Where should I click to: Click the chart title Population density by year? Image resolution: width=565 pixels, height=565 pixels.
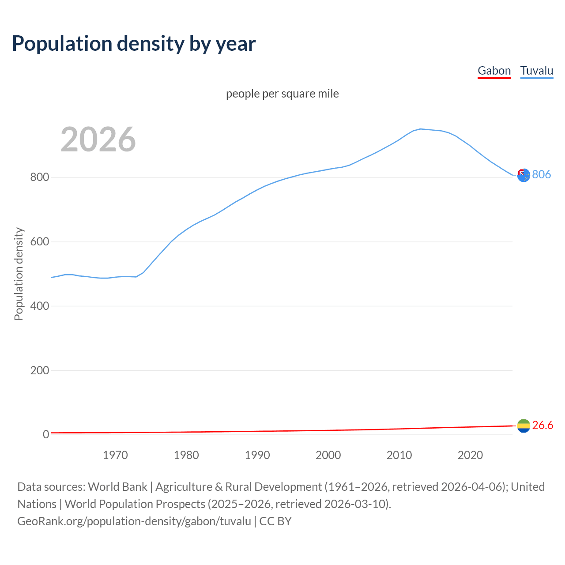(x=134, y=44)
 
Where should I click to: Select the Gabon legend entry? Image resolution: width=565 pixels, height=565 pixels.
(x=494, y=71)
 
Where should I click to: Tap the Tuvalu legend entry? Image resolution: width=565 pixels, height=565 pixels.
(x=536, y=71)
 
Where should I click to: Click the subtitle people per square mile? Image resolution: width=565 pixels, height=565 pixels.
(x=282, y=94)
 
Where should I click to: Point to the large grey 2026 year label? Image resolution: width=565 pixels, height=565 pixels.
(x=98, y=139)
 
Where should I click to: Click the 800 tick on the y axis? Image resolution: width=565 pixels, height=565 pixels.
(x=39, y=177)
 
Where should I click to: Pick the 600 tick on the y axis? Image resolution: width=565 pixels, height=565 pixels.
(x=39, y=242)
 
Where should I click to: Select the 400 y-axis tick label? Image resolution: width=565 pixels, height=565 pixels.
(x=39, y=306)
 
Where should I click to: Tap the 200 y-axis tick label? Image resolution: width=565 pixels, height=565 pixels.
(x=39, y=370)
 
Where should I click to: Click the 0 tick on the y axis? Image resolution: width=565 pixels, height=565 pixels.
(x=45, y=434)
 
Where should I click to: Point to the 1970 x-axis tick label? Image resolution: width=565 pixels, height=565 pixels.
(x=115, y=455)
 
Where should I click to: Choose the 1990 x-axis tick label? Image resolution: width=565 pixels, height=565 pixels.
(x=257, y=455)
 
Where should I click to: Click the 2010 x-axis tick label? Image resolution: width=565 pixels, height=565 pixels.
(x=399, y=455)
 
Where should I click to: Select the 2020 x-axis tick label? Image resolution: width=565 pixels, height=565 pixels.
(x=470, y=455)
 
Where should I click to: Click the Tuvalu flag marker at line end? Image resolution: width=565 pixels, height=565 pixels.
(x=524, y=175)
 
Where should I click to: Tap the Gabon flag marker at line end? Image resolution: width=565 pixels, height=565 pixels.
(x=524, y=426)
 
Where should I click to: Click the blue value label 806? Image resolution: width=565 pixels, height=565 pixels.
(x=541, y=174)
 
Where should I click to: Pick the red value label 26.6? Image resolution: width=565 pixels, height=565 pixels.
(x=542, y=425)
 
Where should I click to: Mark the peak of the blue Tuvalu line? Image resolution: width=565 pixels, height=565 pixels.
(x=421, y=129)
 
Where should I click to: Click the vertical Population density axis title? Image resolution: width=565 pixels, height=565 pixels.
(x=19, y=274)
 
